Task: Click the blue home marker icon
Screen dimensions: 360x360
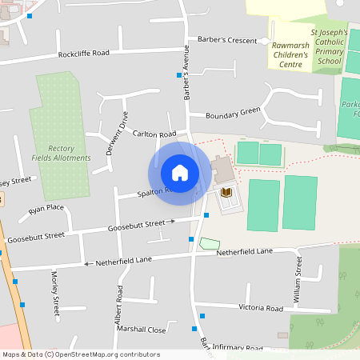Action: (179, 172)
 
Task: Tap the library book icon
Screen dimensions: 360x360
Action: (226, 193)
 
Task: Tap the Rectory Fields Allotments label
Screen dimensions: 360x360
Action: (70, 153)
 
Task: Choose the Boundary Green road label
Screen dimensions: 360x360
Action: (233, 112)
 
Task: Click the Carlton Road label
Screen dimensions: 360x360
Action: (154, 134)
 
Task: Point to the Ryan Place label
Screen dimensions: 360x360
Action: (46, 209)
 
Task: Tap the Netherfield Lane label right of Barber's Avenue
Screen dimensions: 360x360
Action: (245, 252)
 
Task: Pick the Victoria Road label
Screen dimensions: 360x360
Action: (261, 308)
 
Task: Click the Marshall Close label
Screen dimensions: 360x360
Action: (140, 330)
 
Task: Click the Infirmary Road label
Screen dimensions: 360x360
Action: (240, 349)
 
